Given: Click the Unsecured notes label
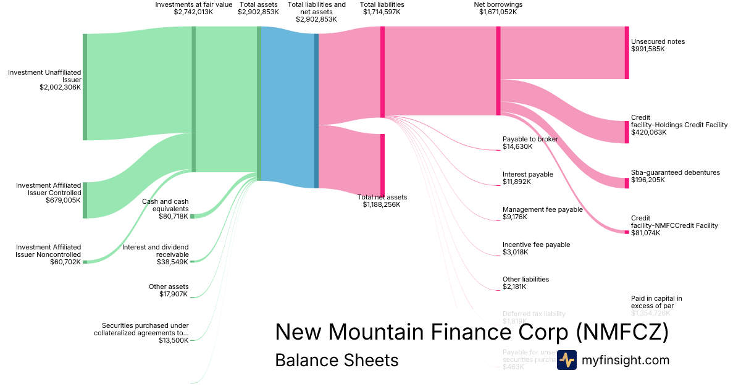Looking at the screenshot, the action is pos(658,41).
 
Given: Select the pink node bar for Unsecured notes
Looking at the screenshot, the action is pos(627,52).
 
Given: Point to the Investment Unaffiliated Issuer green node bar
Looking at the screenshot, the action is pos(85,86).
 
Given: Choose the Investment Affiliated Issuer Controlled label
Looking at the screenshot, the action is pos(48,188).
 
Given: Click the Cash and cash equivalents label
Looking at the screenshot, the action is pos(165,205).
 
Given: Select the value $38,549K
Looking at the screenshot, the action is pos(172,262).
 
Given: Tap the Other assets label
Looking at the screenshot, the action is pos(168,287).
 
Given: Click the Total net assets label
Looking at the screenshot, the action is pos(382,197).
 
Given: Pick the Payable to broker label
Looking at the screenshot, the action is pos(530,139).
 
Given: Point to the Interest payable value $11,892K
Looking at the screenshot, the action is pos(516,182).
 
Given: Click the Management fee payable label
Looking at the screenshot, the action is pos(542,209).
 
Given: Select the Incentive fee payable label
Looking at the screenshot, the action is pos(536,245).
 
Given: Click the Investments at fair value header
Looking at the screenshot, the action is pos(194,4).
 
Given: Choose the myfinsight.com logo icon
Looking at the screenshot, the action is pos(566,359).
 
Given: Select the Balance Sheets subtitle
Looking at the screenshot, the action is pos(337,360).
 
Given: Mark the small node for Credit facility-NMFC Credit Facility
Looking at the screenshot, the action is pos(627,232).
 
